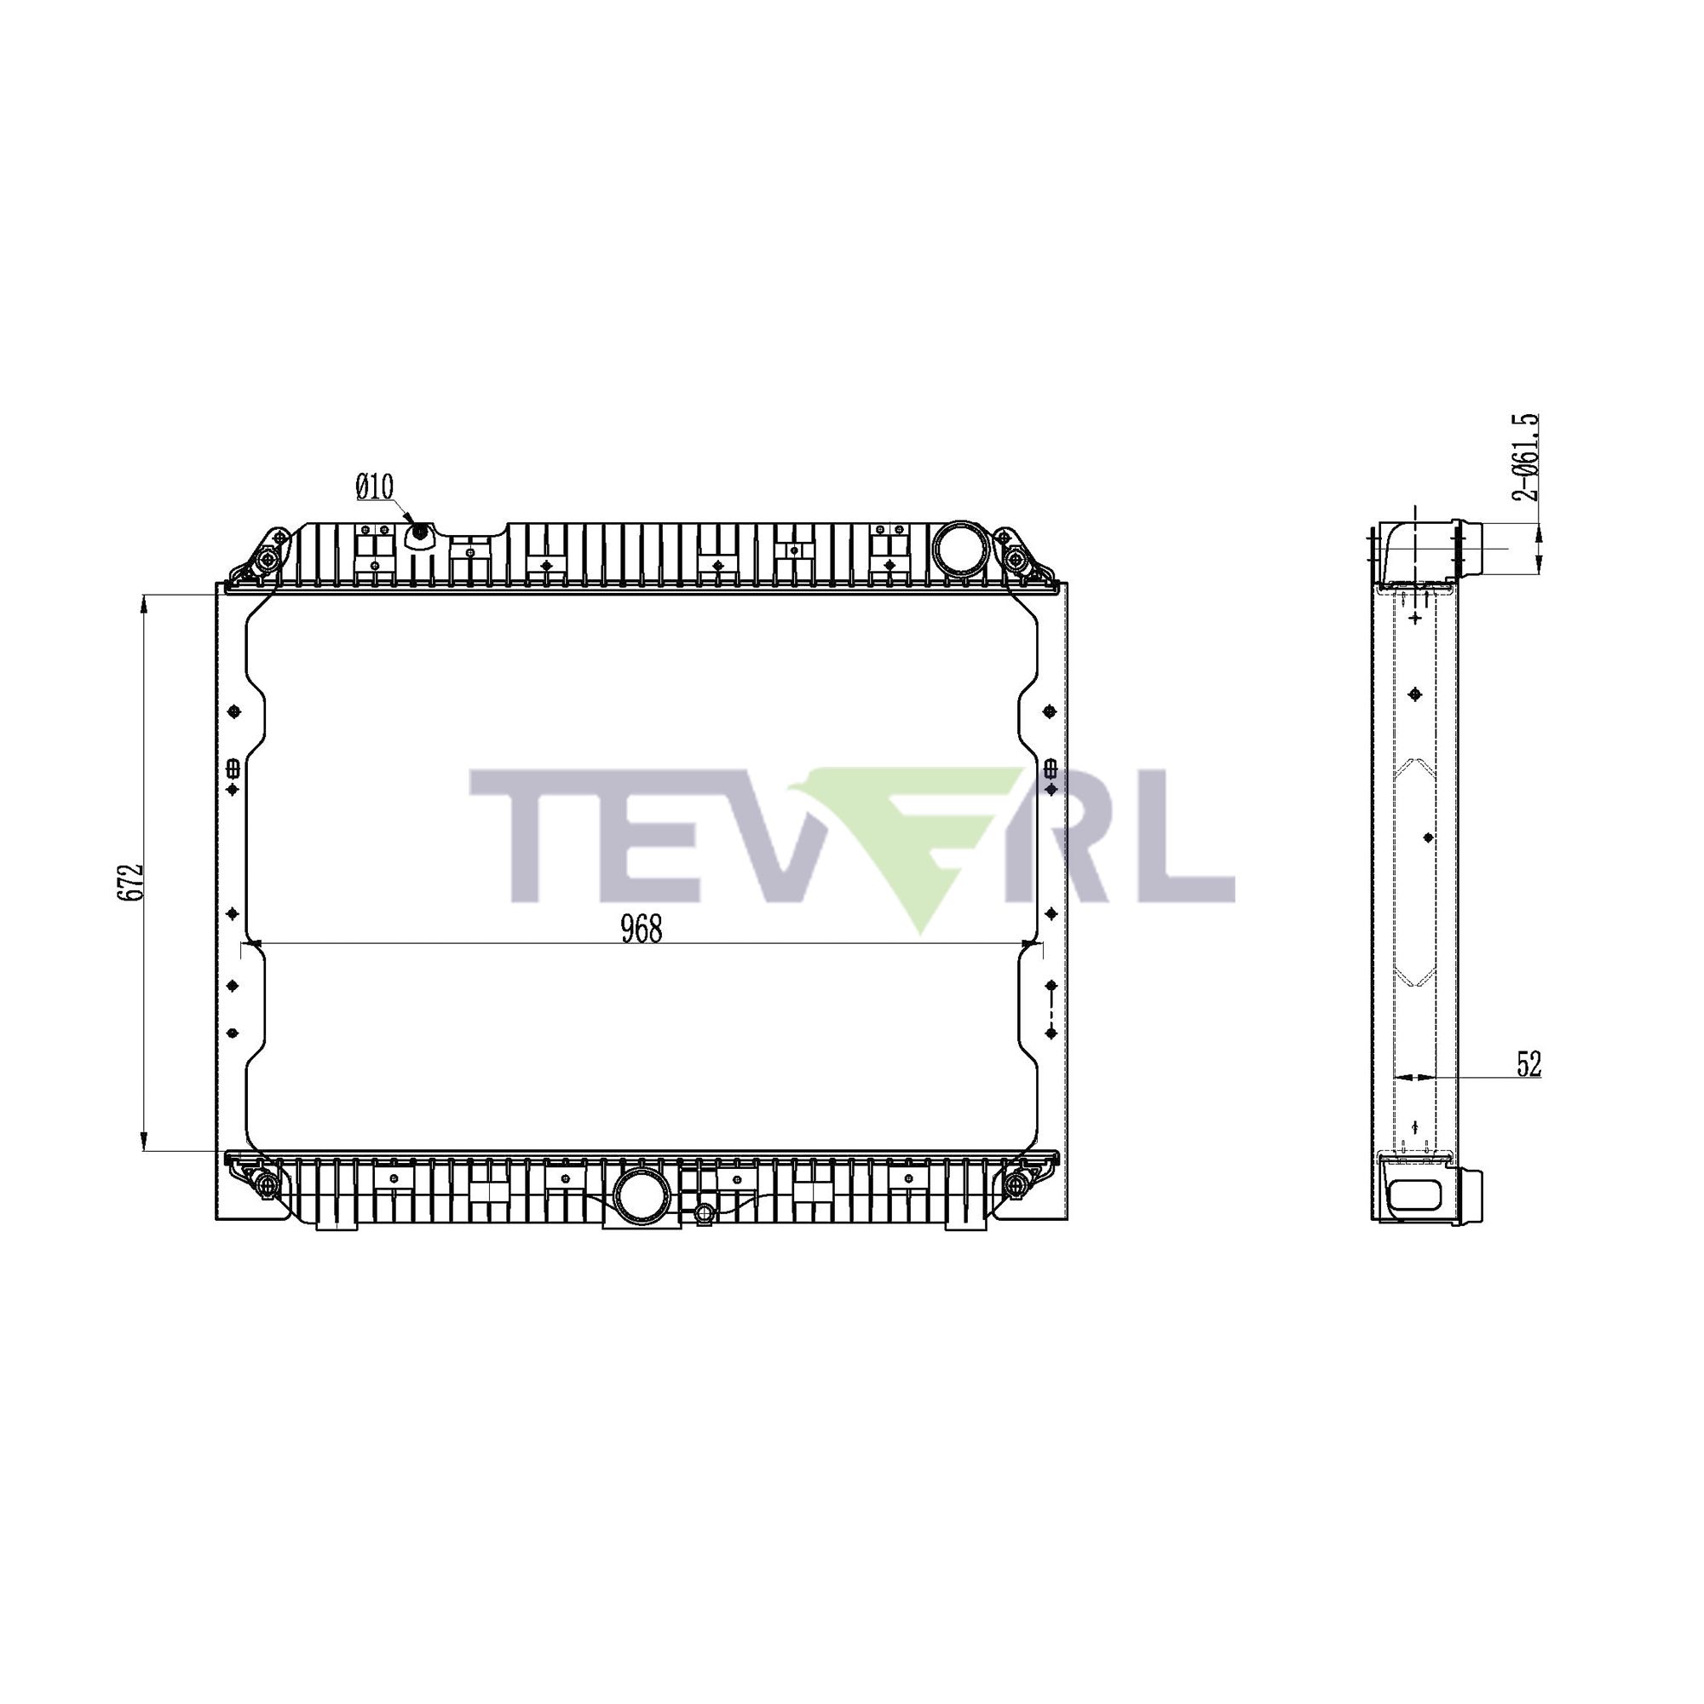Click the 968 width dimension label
[642, 930]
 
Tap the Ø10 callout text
[375, 486]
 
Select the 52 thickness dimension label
[1528, 1064]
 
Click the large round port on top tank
[954, 547]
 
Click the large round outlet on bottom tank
[642, 1197]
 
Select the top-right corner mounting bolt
[1016, 558]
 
